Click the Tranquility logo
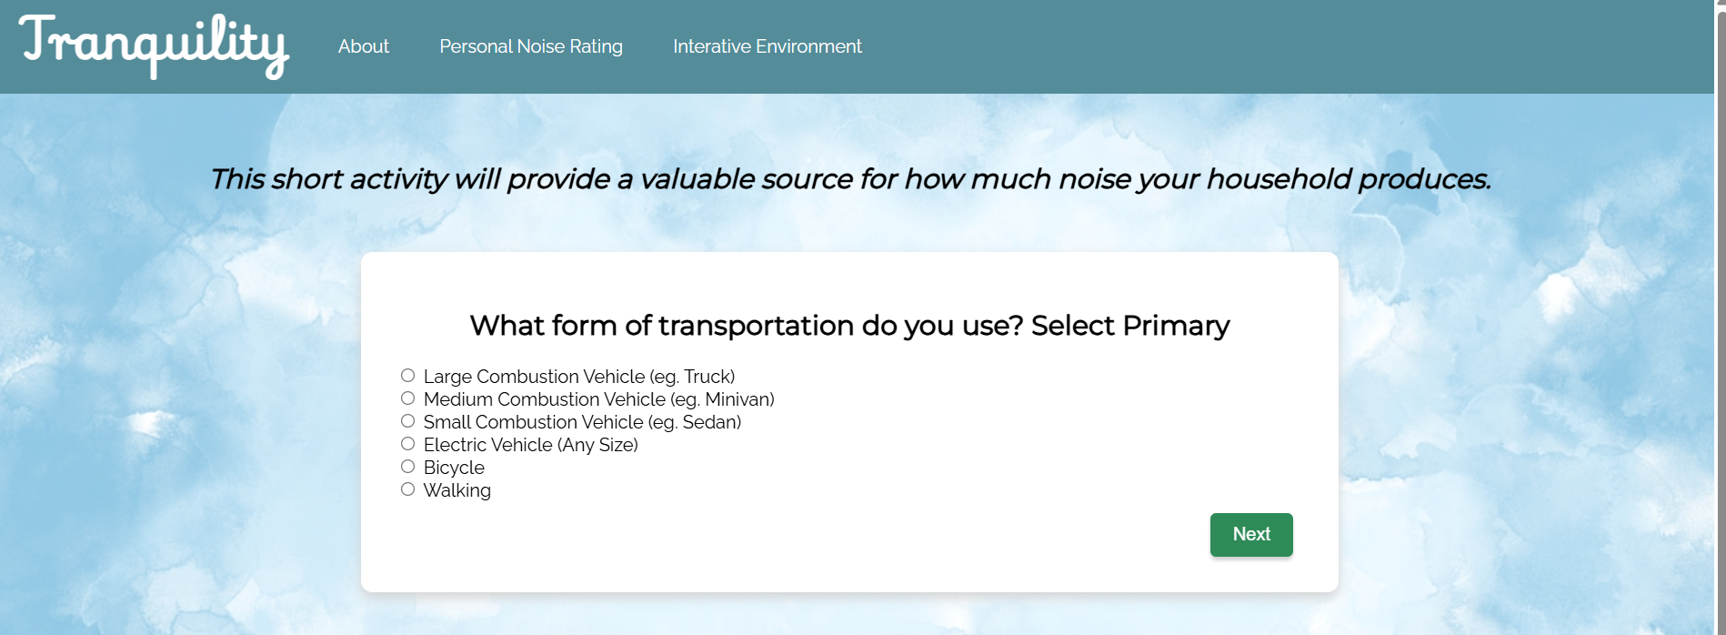(154, 45)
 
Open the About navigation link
(364, 46)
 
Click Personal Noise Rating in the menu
(531, 46)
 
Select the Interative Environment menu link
(768, 46)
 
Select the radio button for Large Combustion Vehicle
(408, 376)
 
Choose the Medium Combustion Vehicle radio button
(408, 398)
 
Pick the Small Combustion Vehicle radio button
(408, 421)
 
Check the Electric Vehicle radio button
(408, 444)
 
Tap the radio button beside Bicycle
(408, 467)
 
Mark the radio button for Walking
(408, 489)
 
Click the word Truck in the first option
(707, 377)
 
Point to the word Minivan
(738, 399)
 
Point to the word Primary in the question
(1176, 326)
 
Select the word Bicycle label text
(454, 468)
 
